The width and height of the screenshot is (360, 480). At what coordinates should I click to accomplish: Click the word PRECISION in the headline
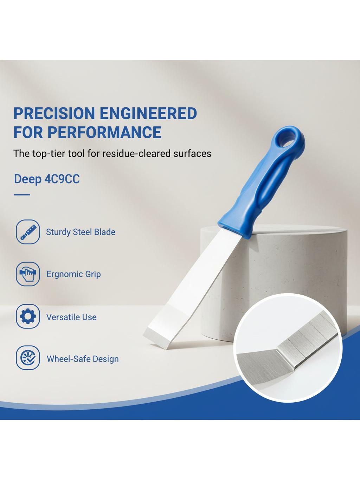(x=54, y=113)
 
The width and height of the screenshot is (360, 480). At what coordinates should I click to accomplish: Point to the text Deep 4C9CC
(x=47, y=179)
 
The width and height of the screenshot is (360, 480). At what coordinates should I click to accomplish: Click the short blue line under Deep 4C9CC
(x=22, y=194)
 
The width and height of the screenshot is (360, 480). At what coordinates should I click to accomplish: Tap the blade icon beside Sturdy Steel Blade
(x=28, y=232)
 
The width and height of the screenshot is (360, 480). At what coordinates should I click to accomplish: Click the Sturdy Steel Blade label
(x=81, y=232)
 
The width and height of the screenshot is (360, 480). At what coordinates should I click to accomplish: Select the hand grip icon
(x=28, y=274)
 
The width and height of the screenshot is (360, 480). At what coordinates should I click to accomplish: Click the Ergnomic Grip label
(x=74, y=274)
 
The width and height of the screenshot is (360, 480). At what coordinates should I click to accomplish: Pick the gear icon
(x=28, y=316)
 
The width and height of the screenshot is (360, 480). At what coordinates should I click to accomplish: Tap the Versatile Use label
(x=71, y=317)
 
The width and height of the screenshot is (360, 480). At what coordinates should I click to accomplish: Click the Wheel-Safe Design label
(x=83, y=359)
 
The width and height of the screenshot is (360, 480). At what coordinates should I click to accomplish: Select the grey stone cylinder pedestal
(x=273, y=282)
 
